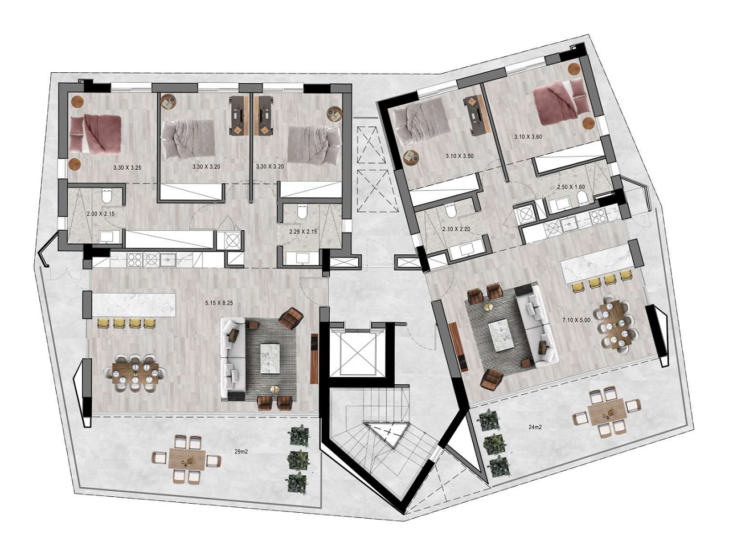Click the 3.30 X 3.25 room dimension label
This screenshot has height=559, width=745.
pyautogui.click(x=127, y=168)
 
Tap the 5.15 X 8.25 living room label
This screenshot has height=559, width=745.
pyautogui.click(x=219, y=303)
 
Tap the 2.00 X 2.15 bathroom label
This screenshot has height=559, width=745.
pyautogui.click(x=100, y=214)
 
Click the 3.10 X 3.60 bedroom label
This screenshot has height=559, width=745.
pyautogui.click(x=528, y=137)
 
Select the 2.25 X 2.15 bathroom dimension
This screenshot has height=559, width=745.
pyautogui.click(x=303, y=232)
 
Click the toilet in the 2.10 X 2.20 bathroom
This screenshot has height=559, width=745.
pyautogui.click(x=451, y=212)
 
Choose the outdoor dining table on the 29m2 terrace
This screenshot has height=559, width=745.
pyautogui.click(x=187, y=459)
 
